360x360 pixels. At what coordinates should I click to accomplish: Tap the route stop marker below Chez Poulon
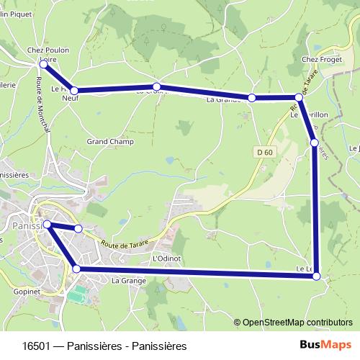[43, 65]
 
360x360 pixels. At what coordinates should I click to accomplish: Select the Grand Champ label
[110, 142]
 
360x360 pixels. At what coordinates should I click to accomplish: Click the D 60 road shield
[264, 152]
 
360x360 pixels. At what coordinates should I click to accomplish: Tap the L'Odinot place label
[166, 258]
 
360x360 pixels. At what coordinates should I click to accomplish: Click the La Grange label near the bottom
[129, 280]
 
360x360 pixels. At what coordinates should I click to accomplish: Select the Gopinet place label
[27, 292]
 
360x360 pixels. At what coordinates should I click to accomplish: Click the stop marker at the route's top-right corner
[298, 97]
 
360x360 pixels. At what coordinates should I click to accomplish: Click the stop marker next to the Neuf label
[74, 91]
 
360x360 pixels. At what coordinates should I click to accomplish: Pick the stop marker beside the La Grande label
[252, 97]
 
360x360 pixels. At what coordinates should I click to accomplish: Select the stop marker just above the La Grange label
[76, 269]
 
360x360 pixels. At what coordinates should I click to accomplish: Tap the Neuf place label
[71, 99]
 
